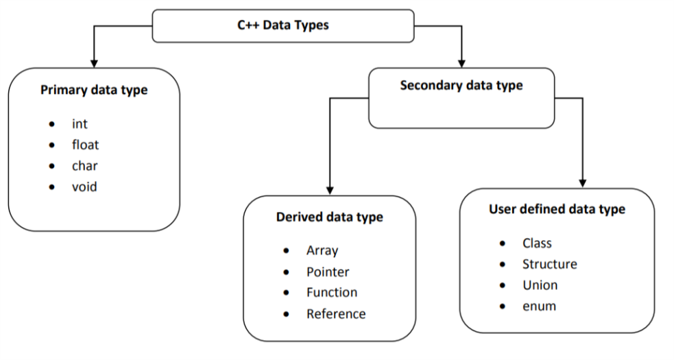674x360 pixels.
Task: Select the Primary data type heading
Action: tap(94, 90)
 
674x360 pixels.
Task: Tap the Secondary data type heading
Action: tap(461, 86)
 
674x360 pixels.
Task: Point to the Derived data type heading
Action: tap(329, 217)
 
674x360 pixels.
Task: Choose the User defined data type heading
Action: tap(557, 209)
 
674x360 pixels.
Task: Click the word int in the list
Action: tap(80, 124)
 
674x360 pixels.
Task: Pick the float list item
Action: tap(85, 145)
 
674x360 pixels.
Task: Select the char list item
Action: tap(84, 165)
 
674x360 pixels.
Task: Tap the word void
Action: tap(84, 186)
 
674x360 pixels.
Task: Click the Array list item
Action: tap(322, 251)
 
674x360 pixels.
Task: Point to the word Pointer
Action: tap(328, 272)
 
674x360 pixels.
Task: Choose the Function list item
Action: tap(332, 292)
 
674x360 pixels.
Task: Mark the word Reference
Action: tap(336, 313)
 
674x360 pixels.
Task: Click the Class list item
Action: tap(537, 243)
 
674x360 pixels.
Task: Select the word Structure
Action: tap(549, 264)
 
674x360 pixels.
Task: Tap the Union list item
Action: tap(540, 285)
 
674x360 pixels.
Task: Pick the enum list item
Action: tap(539, 306)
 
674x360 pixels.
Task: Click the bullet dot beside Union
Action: tap(504, 285)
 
